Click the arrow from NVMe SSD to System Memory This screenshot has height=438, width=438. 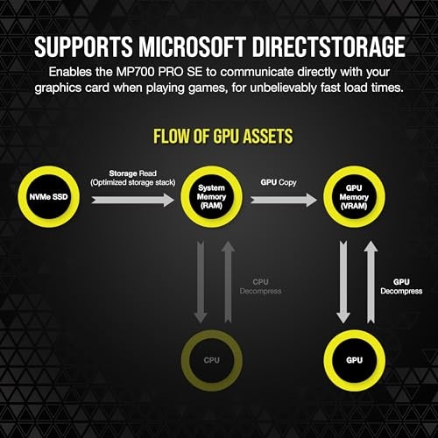(x=132, y=200)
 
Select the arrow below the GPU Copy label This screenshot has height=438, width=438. (x=284, y=200)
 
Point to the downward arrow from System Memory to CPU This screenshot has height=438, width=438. (x=201, y=282)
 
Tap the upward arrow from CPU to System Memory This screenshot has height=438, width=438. (x=228, y=282)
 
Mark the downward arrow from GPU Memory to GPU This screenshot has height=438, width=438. (x=343, y=282)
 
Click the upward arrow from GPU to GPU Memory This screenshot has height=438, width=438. (x=371, y=282)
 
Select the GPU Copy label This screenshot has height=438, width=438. (x=279, y=182)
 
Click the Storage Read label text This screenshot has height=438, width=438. (x=133, y=173)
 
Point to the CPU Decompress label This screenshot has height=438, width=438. (x=260, y=286)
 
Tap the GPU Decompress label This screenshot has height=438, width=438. (x=401, y=286)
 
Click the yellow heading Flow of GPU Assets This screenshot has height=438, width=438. (x=223, y=136)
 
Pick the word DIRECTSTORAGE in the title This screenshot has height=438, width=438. (x=328, y=46)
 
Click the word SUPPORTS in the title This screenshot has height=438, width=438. (x=83, y=46)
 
